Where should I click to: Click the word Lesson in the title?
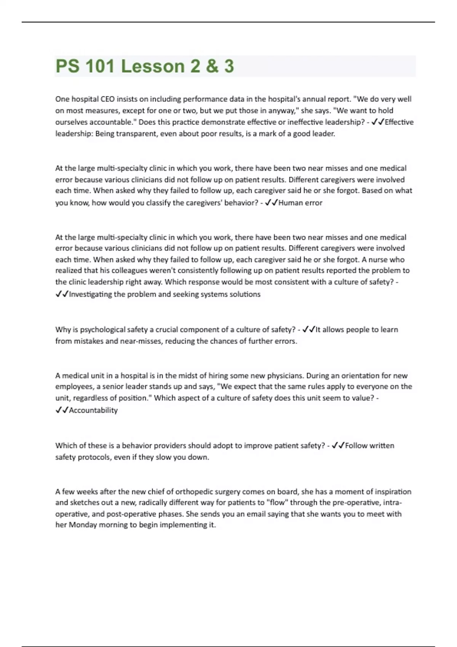pyautogui.click(x=152, y=66)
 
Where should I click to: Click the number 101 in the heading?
pyautogui.click(x=100, y=66)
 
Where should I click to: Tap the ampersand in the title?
pyautogui.click(x=212, y=66)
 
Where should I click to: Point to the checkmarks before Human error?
pyautogui.click(x=272, y=203)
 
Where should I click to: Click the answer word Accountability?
pyautogui.click(x=93, y=410)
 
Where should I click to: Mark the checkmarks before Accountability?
pyautogui.click(x=62, y=410)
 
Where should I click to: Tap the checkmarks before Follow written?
pyautogui.click(x=338, y=446)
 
